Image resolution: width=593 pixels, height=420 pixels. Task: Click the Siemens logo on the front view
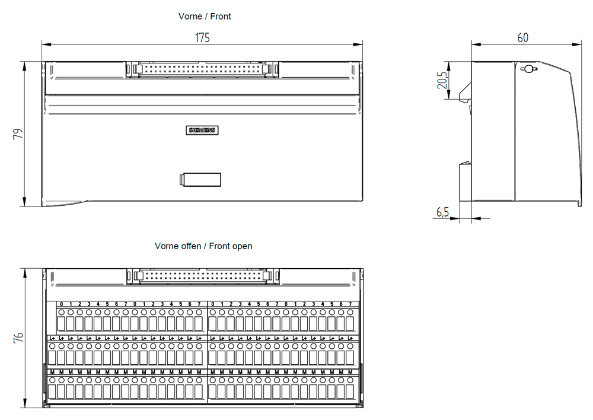(x=203, y=131)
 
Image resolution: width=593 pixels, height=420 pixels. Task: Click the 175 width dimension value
(x=203, y=38)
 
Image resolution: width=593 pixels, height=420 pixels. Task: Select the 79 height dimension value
(x=18, y=134)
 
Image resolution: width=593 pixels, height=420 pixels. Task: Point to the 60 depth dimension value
(x=522, y=38)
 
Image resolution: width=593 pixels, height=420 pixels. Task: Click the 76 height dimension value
(x=18, y=338)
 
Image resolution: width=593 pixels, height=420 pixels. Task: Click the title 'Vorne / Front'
(x=205, y=17)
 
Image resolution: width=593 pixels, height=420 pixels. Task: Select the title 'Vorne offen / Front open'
(x=203, y=246)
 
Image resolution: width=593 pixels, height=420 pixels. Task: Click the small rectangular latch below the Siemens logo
(x=201, y=179)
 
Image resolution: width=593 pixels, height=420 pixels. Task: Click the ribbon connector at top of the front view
(x=202, y=69)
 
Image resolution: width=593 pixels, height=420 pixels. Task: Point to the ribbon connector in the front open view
(x=202, y=276)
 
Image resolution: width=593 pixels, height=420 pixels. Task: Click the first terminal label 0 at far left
(x=61, y=304)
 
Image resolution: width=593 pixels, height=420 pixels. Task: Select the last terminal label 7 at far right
(x=350, y=304)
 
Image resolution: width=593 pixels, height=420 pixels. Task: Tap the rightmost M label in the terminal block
(x=350, y=372)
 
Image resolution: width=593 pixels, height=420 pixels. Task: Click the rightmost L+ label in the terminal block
(x=350, y=338)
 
